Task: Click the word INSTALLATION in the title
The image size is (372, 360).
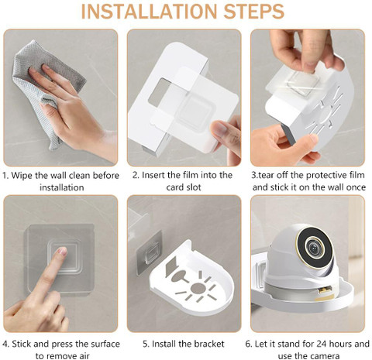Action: tap(150, 11)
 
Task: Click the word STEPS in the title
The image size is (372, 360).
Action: tap(254, 11)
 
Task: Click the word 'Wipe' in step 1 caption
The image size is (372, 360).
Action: tap(22, 176)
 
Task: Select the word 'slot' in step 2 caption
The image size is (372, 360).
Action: tap(192, 187)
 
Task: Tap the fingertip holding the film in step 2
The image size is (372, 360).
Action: tap(220, 129)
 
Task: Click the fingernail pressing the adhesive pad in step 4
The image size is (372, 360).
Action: tap(63, 251)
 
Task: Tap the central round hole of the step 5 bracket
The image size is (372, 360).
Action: tap(198, 288)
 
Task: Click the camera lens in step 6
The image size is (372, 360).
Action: tap(315, 247)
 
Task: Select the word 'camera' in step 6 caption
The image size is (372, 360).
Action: tap(325, 356)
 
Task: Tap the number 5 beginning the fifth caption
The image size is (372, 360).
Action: tap(146, 344)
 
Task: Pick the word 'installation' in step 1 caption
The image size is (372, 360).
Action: tap(62, 187)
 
